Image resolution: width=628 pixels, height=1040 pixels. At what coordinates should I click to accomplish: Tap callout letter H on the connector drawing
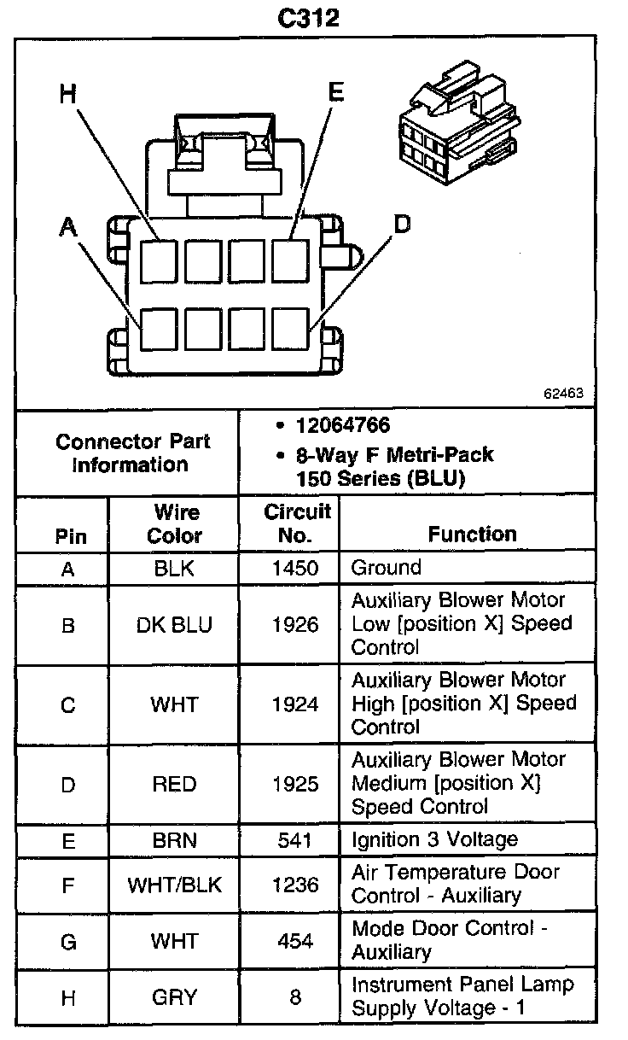(69, 93)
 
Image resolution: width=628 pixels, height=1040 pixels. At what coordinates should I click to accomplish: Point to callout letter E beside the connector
(336, 92)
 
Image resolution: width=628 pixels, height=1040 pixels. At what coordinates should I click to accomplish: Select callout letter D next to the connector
(401, 225)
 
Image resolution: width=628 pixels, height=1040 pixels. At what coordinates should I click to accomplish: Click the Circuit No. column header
(296, 523)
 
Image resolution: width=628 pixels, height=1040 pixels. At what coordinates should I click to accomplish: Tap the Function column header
(472, 535)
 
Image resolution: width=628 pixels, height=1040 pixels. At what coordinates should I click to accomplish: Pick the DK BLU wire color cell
(174, 625)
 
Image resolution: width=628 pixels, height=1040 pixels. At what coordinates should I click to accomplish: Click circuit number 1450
(294, 568)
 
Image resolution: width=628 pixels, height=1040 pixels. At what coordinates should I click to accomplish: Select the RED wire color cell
(174, 784)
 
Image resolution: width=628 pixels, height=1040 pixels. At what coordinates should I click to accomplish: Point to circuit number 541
(294, 840)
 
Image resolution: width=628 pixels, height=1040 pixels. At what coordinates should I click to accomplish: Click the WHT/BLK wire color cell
(174, 885)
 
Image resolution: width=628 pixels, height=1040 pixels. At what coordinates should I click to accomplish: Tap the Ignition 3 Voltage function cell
(434, 840)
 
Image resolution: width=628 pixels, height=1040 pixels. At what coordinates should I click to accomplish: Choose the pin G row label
(68, 941)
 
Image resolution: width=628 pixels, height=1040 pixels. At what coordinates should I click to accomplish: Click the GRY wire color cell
(174, 996)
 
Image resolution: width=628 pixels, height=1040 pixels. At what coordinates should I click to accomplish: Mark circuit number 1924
(294, 704)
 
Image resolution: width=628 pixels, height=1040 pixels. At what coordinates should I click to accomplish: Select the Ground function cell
(386, 568)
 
